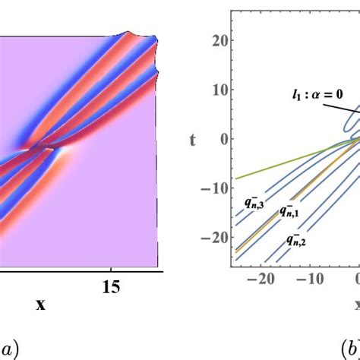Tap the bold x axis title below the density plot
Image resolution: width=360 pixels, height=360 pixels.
pyautogui.click(x=39, y=305)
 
